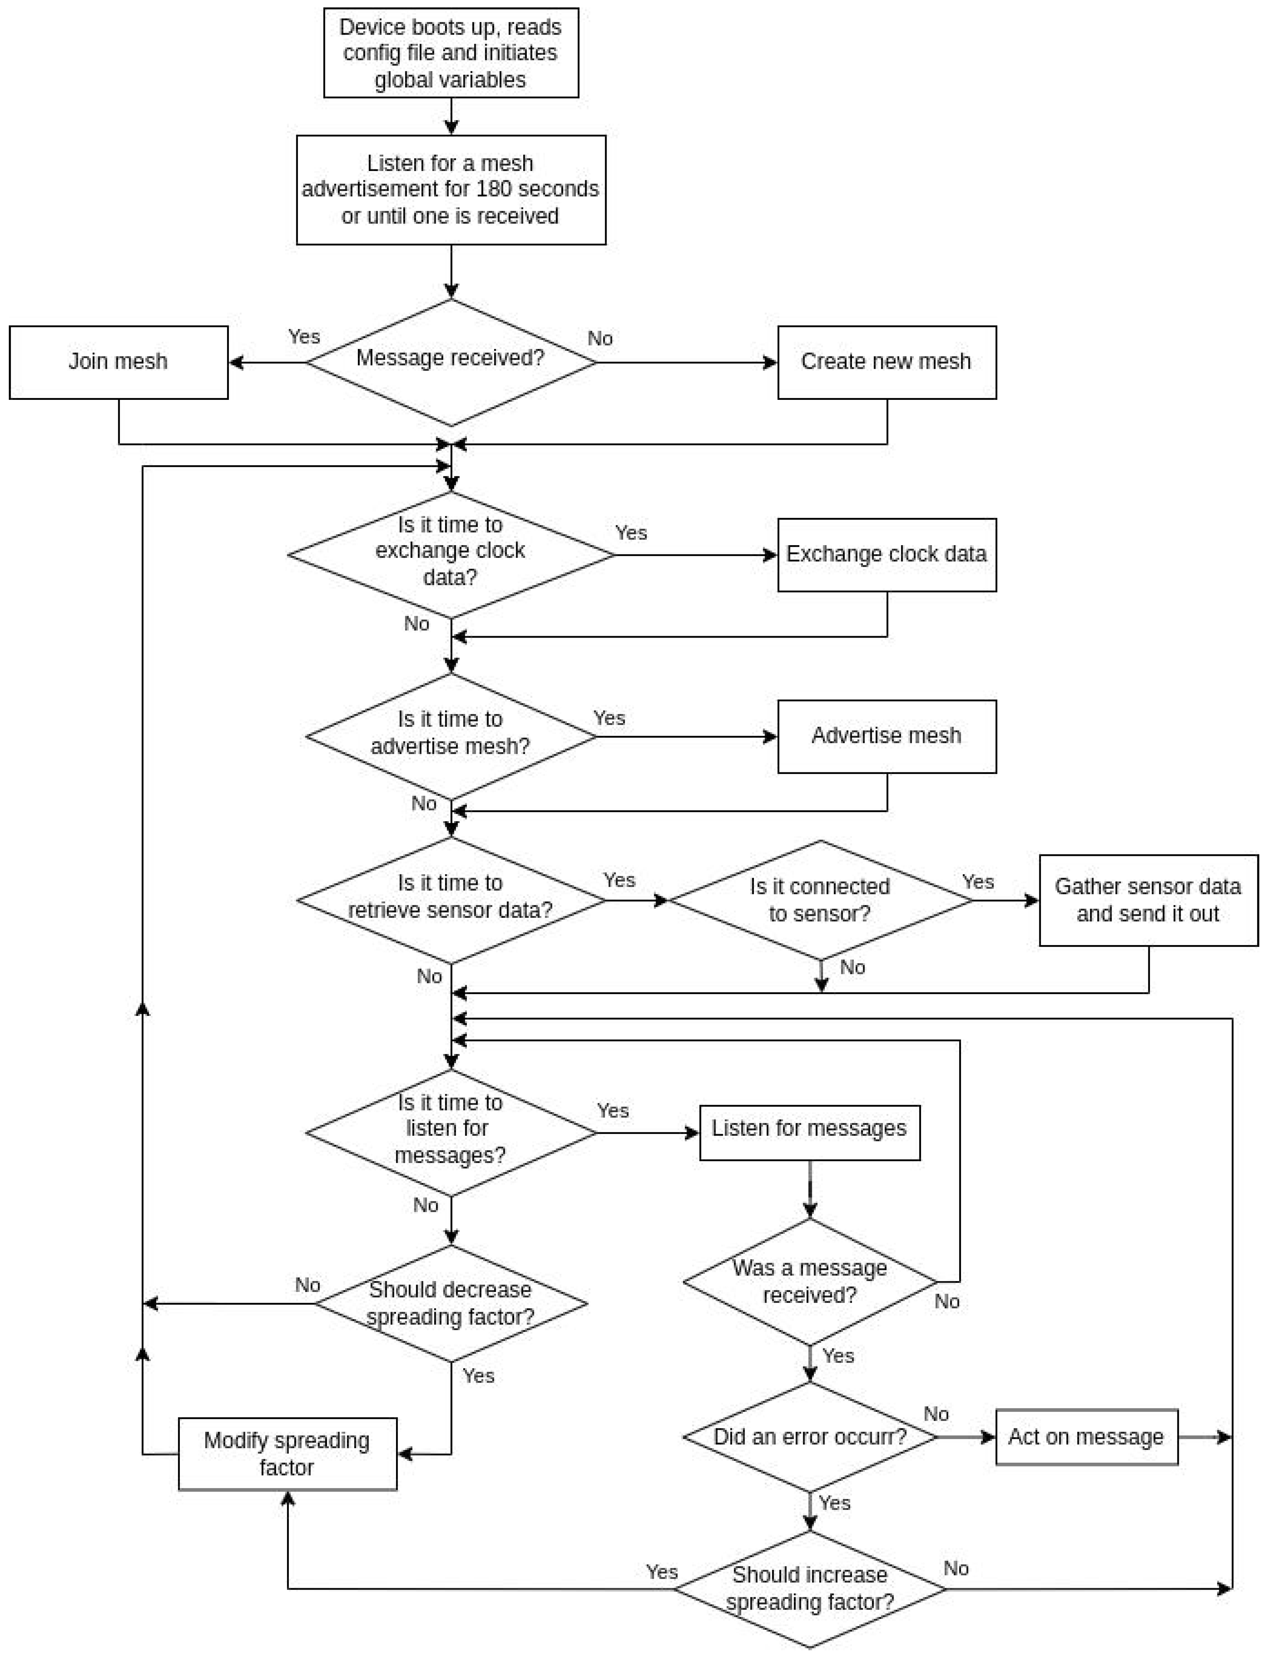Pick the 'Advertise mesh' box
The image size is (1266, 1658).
886,736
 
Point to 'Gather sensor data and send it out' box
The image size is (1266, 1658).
1148,900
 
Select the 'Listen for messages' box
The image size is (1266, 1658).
809,1132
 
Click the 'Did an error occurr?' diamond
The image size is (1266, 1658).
809,1437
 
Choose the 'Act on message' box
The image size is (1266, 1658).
1086,1437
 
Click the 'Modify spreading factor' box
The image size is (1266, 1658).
287,1454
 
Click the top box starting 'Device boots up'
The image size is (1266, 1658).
451,53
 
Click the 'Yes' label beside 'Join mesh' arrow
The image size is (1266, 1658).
304,337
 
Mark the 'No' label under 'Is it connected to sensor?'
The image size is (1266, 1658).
852,967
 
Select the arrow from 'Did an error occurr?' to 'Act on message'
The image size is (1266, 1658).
966,1437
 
